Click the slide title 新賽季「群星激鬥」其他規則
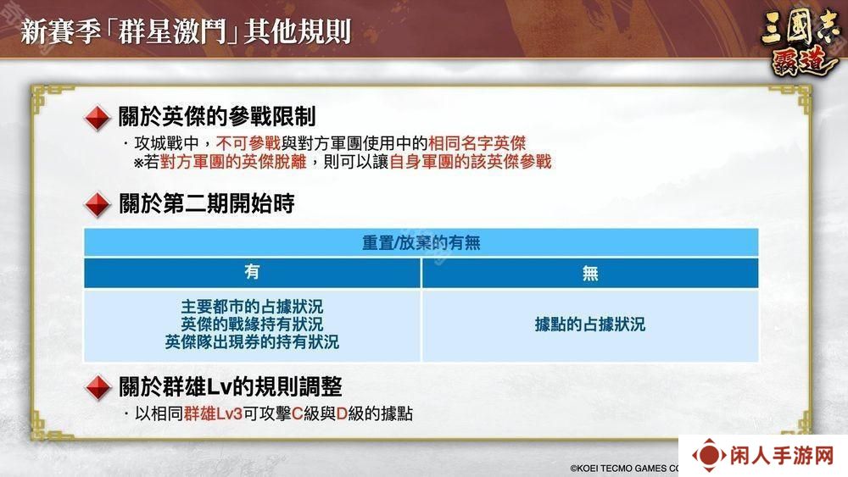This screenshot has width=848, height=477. pyautogui.click(x=186, y=31)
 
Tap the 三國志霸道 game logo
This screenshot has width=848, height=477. pyautogui.click(x=800, y=42)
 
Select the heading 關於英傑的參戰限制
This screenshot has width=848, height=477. pyautogui.click(x=217, y=116)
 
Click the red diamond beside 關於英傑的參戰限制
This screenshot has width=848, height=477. pyautogui.click(x=98, y=118)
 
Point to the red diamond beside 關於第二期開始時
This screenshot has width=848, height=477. pyautogui.click(x=98, y=205)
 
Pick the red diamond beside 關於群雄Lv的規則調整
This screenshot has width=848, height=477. pyautogui.click(x=98, y=388)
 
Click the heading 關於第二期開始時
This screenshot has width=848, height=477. pyautogui.click(x=207, y=203)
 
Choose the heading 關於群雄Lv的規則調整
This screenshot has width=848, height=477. pyautogui.click(x=231, y=387)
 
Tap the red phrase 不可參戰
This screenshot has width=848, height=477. pyautogui.click(x=248, y=143)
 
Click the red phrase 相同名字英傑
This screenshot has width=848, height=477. pyautogui.click(x=477, y=143)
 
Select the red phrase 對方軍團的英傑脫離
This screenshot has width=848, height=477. pyautogui.click(x=233, y=162)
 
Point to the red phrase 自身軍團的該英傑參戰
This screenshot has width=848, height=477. pyautogui.click(x=470, y=162)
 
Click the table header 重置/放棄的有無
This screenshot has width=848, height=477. pyautogui.click(x=421, y=242)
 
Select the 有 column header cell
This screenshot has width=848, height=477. pyautogui.click(x=252, y=273)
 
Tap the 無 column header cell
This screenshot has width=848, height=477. pyautogui.click(x=590, y=273)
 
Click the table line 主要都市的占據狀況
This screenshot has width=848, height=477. pyautogui.click(x=252, y=307)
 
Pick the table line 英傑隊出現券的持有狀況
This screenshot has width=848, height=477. pyautogui.click(x=252, y=342)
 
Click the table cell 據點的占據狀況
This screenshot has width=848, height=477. pyautogui.click(x=590, y=324)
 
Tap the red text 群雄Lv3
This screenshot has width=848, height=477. pyautogui.click(x=213, y=413)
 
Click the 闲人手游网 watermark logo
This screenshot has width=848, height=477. pyautogui.click(x=762, y=455)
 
